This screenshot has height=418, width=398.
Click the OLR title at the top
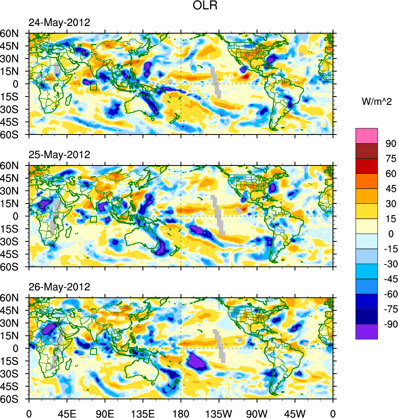point(205,6)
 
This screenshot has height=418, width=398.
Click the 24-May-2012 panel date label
point(59,23)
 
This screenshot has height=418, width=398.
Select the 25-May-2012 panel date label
point(59,155)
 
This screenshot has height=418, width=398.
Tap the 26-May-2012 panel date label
point(59,287)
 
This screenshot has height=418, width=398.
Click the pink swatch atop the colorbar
point(367,136)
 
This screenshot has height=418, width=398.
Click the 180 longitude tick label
point(181,413)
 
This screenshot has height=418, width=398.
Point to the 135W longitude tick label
point(219,413)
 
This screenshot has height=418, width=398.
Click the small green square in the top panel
point(93,87)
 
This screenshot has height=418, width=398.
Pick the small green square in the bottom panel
point(93,351)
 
